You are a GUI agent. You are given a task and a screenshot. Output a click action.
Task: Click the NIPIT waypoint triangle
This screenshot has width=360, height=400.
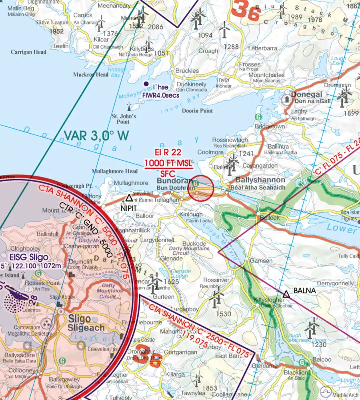pyautogui.click(x=129, y=198)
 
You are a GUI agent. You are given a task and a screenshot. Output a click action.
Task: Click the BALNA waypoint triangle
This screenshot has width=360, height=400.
pyautogui.click(x=286, y=294)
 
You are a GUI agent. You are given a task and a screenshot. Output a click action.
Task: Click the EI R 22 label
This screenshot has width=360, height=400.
pyautogui.click(x=168, y=152)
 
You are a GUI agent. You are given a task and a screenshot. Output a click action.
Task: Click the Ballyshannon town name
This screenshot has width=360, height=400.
pyautogui.click(x=260, y=180)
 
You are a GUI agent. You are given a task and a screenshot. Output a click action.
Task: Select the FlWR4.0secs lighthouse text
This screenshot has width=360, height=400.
pyautogui.click(x=161, y=95)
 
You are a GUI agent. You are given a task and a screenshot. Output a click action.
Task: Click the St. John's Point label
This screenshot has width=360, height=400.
pyautogui.click(x=124, y=119)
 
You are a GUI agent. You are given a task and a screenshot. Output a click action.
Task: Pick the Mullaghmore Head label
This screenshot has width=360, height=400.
pyautogui.click(x=114, y=171)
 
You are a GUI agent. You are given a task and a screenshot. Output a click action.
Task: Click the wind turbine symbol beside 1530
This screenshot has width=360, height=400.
pyautogui.click(x=217, y=299)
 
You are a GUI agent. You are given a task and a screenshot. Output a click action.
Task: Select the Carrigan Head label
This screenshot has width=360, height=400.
pyautogui.click(x=28, y=52)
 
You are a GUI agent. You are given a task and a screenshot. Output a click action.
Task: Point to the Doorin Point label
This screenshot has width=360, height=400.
pyautogui.click(x=198, y=110)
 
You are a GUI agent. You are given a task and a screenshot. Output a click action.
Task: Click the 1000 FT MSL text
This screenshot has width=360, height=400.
pyautogui.click(x=168, y=164)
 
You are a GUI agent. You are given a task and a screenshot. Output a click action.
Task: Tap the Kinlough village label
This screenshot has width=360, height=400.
pyautogui.click(x=191, y=215)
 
